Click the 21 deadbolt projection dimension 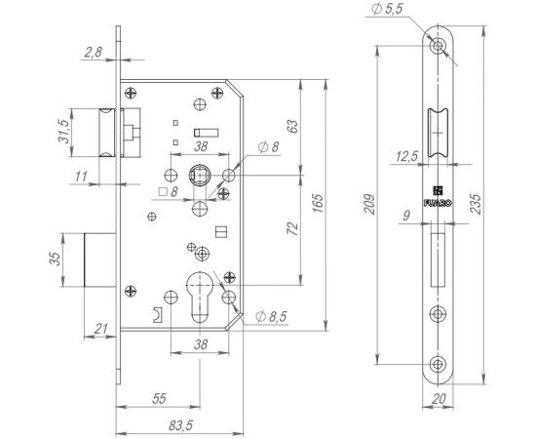tap(100, 329)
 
